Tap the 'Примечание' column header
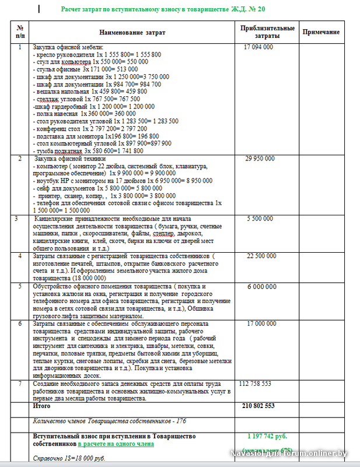pos(321,32)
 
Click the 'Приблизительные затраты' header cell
pos(267,32)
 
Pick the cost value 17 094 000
pos(258,47)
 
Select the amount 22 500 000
pos(261,256)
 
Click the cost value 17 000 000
pos(261,323)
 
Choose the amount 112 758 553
pos(256,384)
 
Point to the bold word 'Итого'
pos(41,405)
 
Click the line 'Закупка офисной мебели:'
pos(68,47)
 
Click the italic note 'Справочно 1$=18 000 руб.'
pos(68,458)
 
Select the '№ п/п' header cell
pos(20,32)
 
